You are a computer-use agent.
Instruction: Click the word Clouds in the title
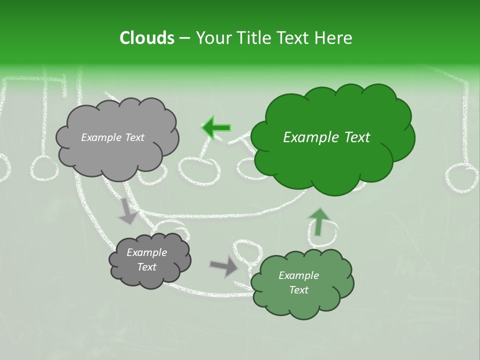click(x=147, y=38)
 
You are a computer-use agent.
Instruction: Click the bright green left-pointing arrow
click(x=216, y=127)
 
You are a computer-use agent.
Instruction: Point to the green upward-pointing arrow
click(x=318, y=221)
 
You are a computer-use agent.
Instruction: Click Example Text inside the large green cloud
click(x=326, y=137)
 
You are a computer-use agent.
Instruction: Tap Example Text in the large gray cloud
click(x=112, y=137)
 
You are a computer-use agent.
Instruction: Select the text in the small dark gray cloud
click(x=147, y=259)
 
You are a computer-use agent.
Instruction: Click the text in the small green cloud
click(x=298, y=282)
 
